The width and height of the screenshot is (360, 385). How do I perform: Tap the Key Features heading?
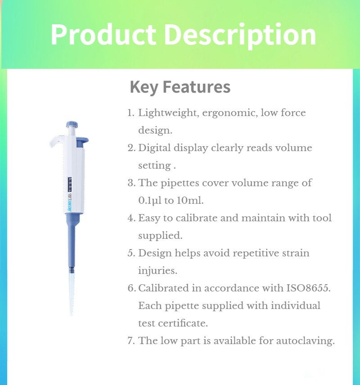(180, 87)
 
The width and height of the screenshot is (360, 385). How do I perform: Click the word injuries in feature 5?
(157, 271)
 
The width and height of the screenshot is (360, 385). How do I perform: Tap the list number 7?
(130, 341)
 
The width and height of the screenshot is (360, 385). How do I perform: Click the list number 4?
(131, 218)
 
